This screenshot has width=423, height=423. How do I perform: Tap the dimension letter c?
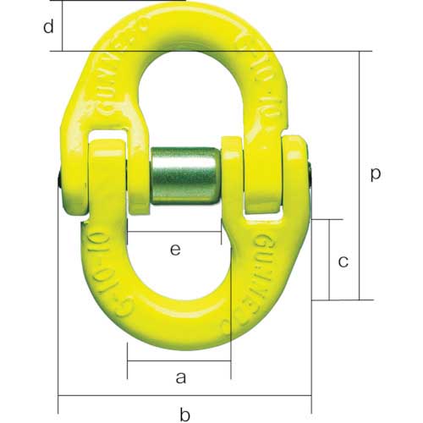tap(342, 261)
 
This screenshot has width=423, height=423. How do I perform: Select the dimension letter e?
tap(175, 250)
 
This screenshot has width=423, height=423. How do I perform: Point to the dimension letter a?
tap(179, 378)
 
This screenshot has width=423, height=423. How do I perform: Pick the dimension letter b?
tap(184, 414)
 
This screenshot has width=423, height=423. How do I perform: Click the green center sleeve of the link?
tap(184, 176)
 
